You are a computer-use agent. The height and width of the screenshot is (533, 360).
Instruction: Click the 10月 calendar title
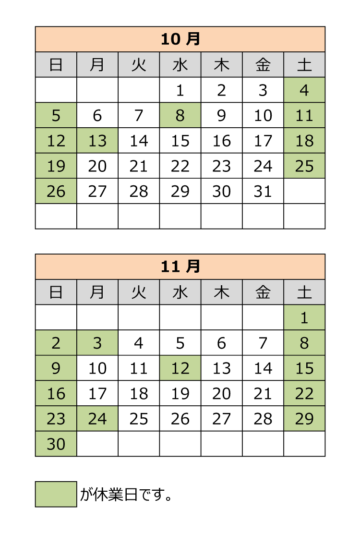(x=180, y=39)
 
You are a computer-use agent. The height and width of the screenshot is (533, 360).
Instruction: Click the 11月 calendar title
(x=180, y=267)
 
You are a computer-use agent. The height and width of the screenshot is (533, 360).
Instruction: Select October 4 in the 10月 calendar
(x=304, y=90)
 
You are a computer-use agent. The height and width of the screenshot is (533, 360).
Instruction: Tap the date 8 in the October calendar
(x=180, y=116)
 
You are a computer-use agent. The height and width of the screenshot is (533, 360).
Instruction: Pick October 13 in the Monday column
(x=97, y=141)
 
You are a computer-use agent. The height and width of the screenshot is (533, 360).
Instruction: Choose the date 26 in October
(x=56, y=192)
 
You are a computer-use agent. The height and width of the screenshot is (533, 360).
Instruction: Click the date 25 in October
(x=304, y=166)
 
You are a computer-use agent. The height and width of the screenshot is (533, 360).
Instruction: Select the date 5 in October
(x=56, y=116)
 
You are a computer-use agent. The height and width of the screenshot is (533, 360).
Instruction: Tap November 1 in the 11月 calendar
(x=304, y=318)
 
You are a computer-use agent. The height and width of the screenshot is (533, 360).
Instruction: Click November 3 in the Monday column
(x=97, y=343)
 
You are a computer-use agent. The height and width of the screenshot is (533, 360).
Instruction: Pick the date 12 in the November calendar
(x=180, y=368)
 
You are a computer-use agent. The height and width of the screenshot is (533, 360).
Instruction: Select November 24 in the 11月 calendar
(x=97, y=419)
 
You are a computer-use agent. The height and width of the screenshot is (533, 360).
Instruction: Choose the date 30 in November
(x=56, y=444)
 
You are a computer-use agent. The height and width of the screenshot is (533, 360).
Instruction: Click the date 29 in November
(x=304, y=419)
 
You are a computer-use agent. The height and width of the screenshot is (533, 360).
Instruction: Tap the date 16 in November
(x=56, y=394)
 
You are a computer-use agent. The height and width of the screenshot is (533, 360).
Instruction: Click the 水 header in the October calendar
(x=180, y=65)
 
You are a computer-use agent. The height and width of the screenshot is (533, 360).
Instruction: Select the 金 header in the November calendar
(x=263, y=292)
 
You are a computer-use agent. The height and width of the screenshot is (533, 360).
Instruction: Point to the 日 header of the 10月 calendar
(x=56, y=65)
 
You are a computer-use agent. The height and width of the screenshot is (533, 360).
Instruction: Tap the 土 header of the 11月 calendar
(x=304, y=292)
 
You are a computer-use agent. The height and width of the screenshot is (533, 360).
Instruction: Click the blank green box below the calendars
(x=56, y=494)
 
